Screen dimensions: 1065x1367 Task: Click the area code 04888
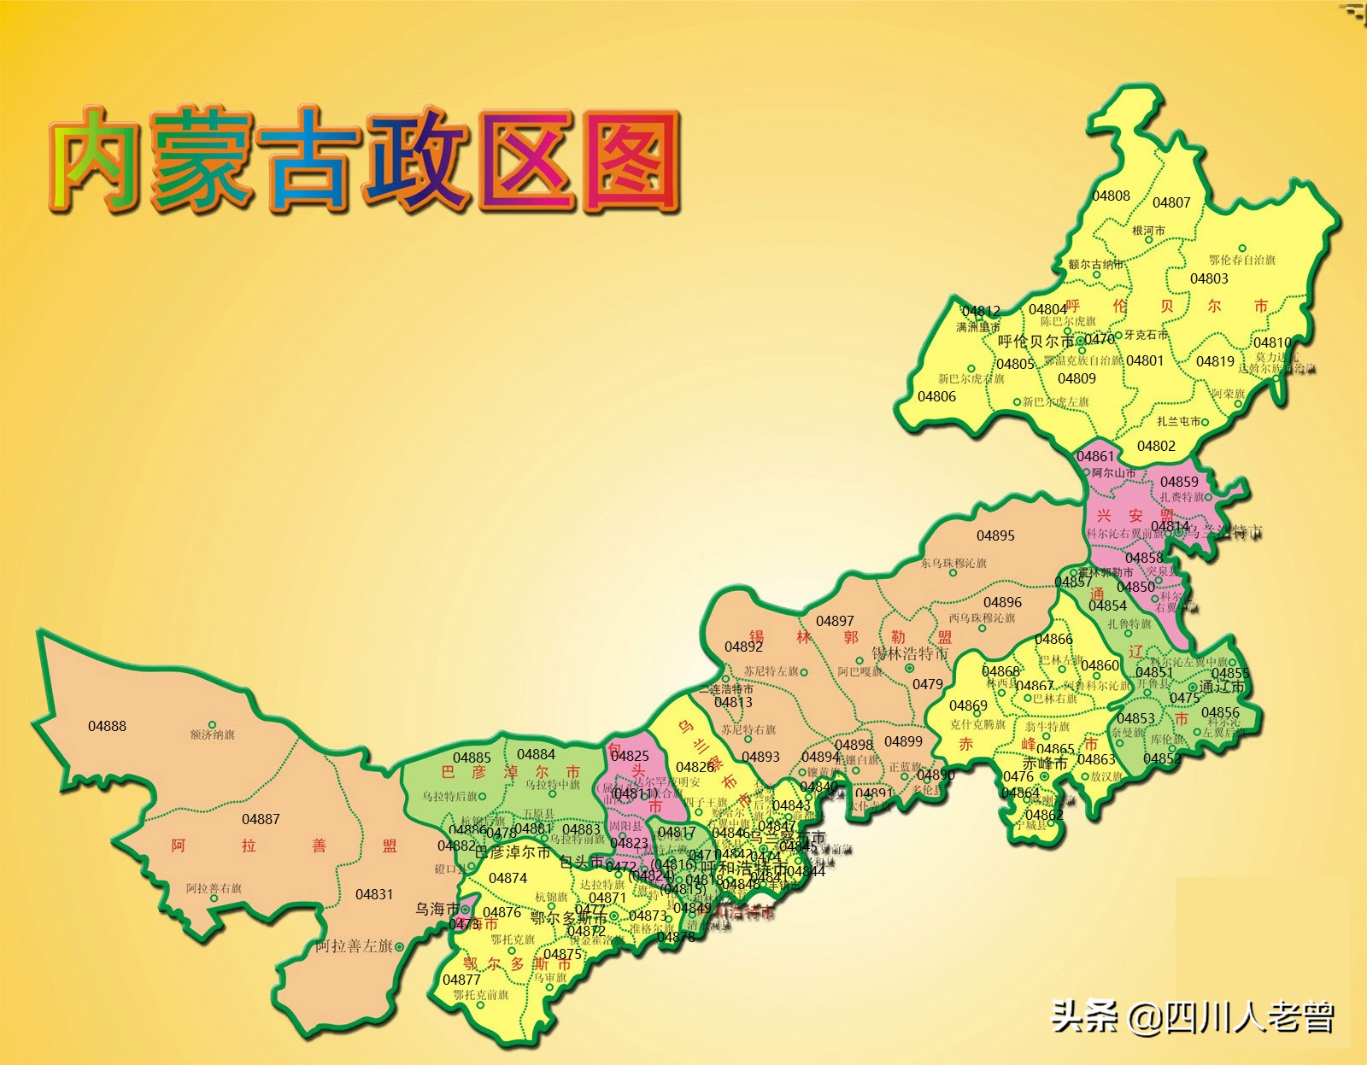107,726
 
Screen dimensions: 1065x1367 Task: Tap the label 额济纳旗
212,734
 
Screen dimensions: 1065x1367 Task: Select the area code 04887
261,819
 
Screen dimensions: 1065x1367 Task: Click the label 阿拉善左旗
354,946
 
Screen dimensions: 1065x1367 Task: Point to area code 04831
374,894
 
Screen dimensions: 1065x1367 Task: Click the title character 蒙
202,160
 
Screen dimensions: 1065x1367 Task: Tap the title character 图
631,161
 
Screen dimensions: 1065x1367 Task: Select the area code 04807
1171,202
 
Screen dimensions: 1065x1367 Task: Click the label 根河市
1148,231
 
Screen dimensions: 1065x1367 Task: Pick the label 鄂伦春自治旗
1241,260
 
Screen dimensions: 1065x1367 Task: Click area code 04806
936,396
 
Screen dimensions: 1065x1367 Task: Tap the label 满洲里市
977,327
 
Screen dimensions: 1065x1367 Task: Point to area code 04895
995,535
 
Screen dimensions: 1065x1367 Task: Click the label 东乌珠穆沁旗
953,563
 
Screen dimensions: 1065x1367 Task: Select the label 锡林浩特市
909,653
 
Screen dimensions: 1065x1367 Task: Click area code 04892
743,647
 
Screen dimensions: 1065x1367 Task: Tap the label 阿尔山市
1113,472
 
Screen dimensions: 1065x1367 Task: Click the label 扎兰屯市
1179,421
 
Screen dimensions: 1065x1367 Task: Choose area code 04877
461,980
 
